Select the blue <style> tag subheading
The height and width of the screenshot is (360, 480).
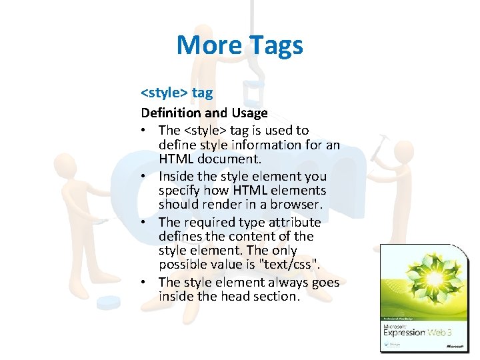(177, 93)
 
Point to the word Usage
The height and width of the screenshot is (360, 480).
(249, 113)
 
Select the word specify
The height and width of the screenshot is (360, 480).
(180, 191)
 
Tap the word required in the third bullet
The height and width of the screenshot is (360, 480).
(211, 222)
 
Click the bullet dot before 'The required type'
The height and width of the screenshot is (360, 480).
(145, 223)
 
